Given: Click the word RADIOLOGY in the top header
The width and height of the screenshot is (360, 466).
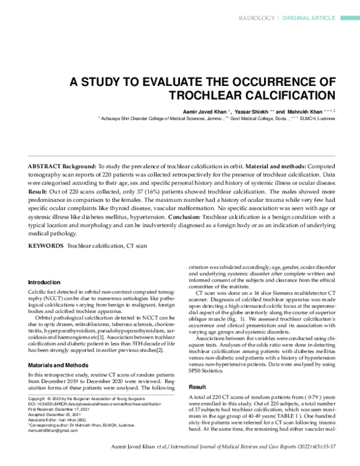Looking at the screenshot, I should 256,19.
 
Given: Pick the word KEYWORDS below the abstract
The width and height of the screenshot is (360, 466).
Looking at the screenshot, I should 46,246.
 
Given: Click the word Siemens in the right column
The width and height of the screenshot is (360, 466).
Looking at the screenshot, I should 271,292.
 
